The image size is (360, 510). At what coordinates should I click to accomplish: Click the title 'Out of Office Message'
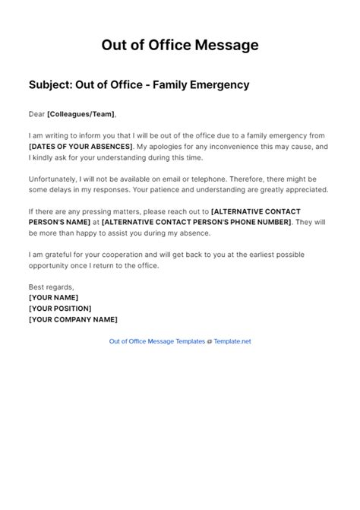tap(180, 46)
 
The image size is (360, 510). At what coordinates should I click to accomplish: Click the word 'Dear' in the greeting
tap(36, 114)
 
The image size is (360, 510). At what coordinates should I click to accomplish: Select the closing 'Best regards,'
tap(51, 287)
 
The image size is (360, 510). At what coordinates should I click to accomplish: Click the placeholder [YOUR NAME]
tap(55, 297)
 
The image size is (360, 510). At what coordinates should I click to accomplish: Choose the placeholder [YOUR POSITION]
tap(60, 308)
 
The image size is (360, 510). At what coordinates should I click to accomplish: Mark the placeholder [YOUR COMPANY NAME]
tap(73, 319)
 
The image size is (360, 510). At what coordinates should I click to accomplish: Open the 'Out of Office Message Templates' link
tap(156, 341)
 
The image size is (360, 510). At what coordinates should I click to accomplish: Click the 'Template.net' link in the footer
tap(232, 341)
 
